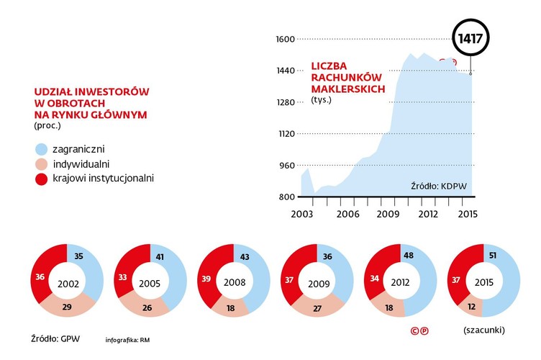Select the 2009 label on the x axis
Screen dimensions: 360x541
click(388, 214)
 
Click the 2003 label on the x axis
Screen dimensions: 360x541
click(301, 214)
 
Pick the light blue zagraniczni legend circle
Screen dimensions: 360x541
click(42, 149)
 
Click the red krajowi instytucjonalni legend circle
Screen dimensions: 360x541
click(42, 178)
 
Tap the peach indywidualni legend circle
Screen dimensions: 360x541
click(42, 164)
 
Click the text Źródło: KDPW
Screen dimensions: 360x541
click(439, 186)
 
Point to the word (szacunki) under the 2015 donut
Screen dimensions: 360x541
click(481, 330)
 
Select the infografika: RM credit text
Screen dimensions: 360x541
click(131, 339)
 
